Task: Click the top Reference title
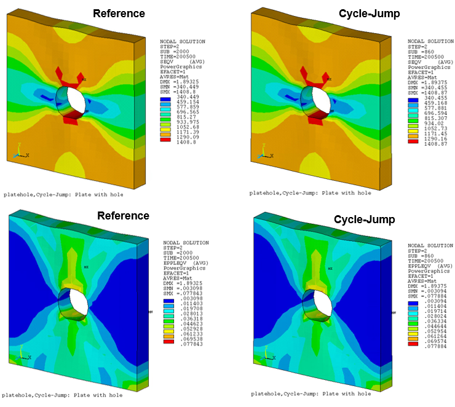119,14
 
